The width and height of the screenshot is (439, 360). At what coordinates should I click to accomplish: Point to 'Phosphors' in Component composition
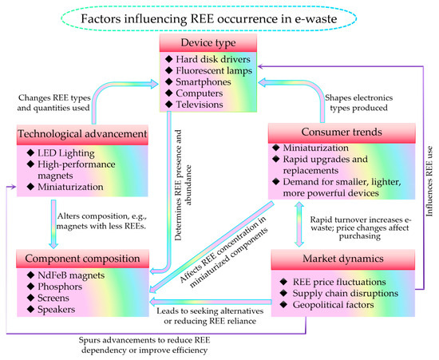coord(65,292)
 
